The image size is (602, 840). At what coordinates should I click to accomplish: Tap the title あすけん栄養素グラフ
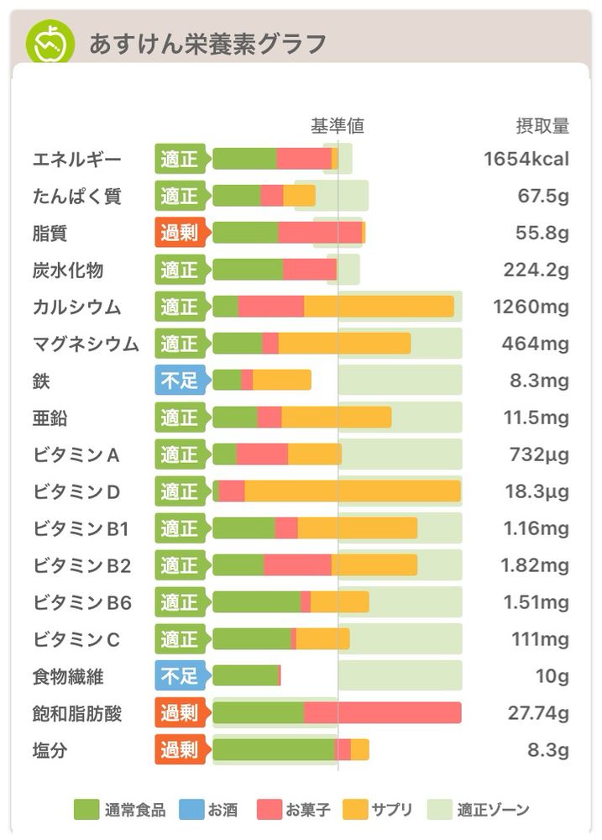pyautogui.click(x=207, y=43)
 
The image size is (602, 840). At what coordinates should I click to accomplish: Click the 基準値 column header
pyautogui.click(x=338, y=126)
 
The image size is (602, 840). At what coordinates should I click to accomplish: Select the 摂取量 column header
pyautogui.click(x=542, y=126)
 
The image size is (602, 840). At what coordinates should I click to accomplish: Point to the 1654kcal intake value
pyautogui.click(x=526, y=159)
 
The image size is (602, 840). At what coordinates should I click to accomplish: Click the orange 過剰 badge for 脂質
pyautogui.click(x=180, y=233)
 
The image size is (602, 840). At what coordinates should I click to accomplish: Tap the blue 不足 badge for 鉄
pyautogui.click(x=180, y=381)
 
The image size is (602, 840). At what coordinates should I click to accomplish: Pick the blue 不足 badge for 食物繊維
pyautogui.click(x=180, y=675)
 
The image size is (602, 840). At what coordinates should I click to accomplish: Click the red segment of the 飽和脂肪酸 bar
pyautogui.click(x=382, y=712)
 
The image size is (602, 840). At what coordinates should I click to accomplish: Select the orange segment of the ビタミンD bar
pyautogui.click(x=353, y=491)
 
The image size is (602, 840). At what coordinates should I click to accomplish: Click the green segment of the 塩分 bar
pyautogui.click(x=273, y=749)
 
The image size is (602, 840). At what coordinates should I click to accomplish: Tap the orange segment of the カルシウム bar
pyautogui.click(x=379, y=307)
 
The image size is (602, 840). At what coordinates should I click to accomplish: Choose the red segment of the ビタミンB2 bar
pyautogui.click(x=297, y=564)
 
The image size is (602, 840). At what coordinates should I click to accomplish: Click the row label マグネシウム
pyautogui.click(x=86, y=344)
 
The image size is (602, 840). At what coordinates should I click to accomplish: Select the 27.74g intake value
pyautogui.click(x=538, y=713)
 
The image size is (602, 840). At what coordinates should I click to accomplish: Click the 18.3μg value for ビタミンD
pyautogui.click(x=538, y=491)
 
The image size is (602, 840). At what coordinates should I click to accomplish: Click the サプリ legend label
pyautogui.click(x=393, y=810)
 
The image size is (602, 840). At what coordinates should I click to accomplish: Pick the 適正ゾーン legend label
pyautogui.click(x=494, y=810)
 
